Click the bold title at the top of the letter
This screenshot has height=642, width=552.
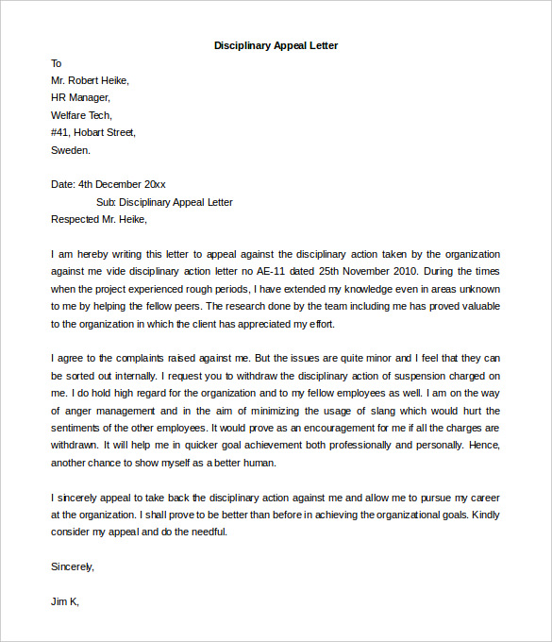point(276,45)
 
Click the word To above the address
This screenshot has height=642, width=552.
point(57,63)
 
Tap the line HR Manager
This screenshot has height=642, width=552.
point(80,97)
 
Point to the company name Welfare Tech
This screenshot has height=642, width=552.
point(82,114)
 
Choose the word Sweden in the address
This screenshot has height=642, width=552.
point(71,149)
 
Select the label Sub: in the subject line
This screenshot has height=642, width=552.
point(107,202)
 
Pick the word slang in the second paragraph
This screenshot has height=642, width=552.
point(374,411)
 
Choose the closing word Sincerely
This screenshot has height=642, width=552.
point(73,566)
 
